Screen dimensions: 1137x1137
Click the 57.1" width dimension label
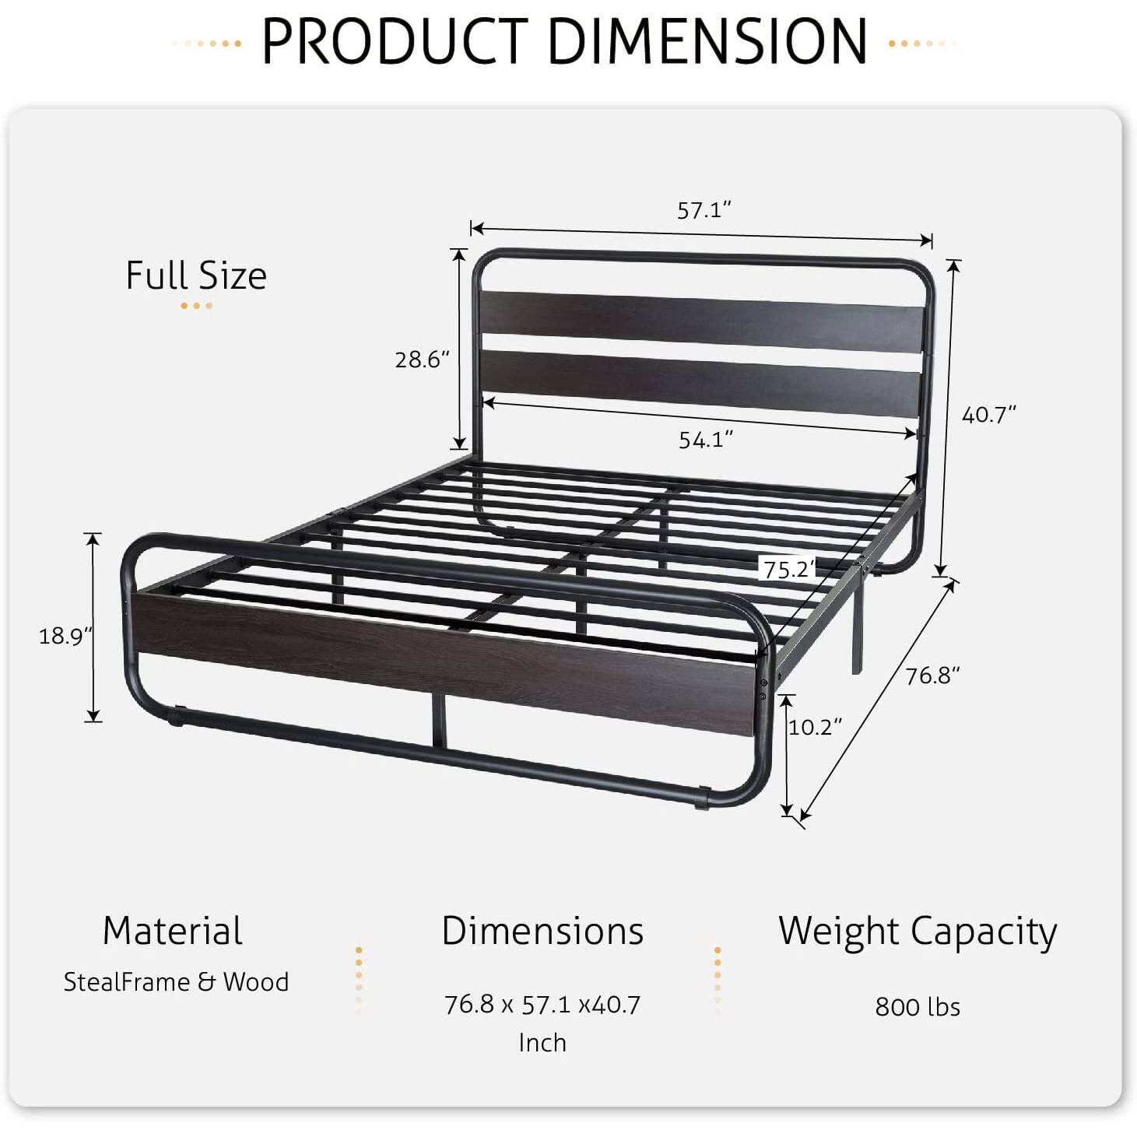(x=704, y=210)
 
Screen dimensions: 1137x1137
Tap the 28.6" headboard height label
(x=423, y=360)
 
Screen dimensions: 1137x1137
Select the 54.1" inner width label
(x=706, y=440)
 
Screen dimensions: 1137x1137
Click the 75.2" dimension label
(x=788, y=570)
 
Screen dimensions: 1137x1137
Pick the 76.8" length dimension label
(x=932, y=676)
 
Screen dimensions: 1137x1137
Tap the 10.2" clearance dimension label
(x=815, y=727)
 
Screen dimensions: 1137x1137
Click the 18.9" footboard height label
(x=65, y=636)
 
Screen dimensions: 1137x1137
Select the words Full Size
(x=196, y=275)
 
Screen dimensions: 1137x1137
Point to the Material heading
(x=173, y=931)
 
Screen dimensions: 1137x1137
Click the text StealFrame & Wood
(x=176, y=982)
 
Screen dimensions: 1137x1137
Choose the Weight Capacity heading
(x=918, y=931)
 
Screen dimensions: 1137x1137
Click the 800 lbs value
(x=918, y=1006)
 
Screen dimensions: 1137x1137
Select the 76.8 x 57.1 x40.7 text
(x=542, y=1005)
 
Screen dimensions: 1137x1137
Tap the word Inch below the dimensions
(x=542, y=1042)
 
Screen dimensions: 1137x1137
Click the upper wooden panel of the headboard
(x=700, y=319)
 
